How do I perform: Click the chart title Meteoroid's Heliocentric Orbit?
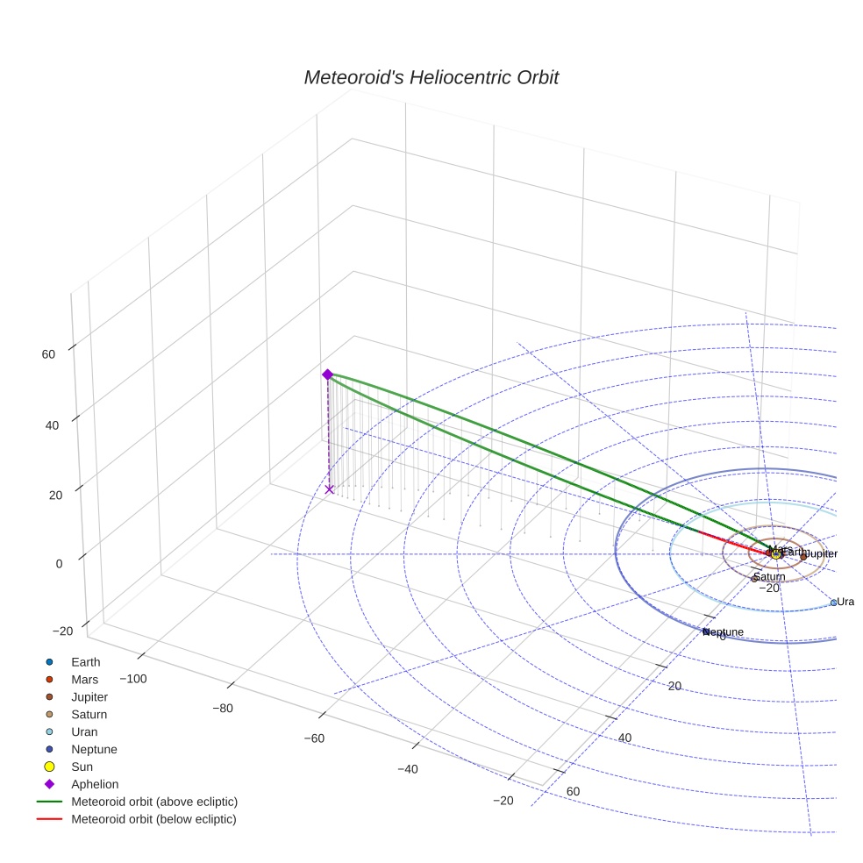(x=431, y=78)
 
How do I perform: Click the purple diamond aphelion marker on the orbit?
(x=327, y=374)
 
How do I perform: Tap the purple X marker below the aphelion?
(x=329, y=489)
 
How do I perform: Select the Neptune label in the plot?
(x=724, y=632)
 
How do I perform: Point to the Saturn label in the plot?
(x=769, y=577)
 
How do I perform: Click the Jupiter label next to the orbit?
(x=822, y=554)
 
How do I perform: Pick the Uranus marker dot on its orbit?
(x=833, y=603)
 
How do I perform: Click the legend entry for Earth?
(x=85, y=662)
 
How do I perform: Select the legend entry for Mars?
(x=84, y=680)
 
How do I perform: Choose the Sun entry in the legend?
(x=82, y=767)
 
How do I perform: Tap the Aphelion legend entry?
(x=95, y=784)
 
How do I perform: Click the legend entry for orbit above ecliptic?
(x=154, y=802)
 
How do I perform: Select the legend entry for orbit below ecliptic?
(x=154, y=819)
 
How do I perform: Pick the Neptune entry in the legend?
(x=94, y=749)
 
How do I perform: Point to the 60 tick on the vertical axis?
(x=47, y=354)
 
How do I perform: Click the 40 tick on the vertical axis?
(x=47, y=425)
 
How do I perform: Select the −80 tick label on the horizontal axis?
(x=223, y=709)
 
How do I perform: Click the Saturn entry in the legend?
(x=89, y=715)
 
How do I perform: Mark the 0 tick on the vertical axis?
(x=59, y=564)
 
